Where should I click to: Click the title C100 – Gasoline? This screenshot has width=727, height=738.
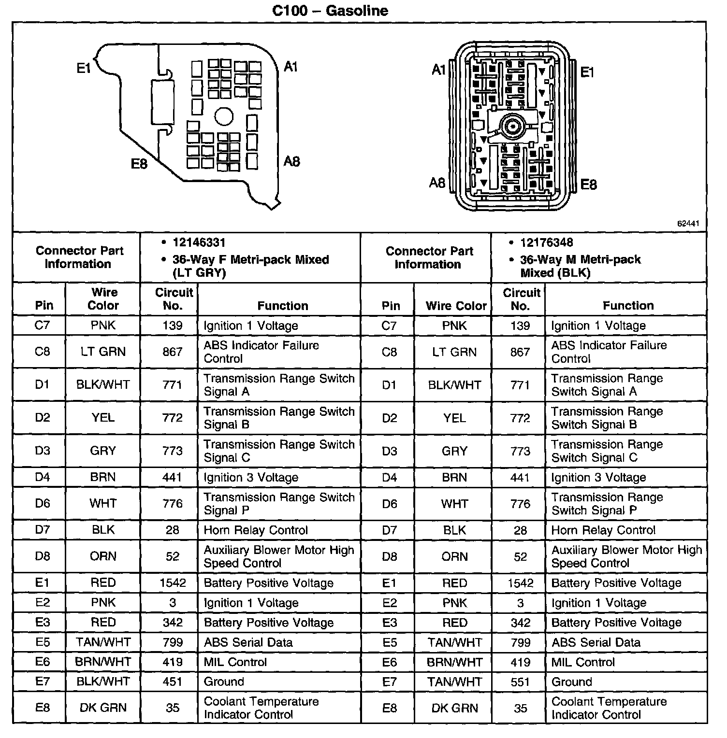(x=330, y=10)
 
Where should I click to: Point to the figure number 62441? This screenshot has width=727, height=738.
(x=688, y=224)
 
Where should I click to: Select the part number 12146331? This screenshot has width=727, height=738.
(x=199, y=242)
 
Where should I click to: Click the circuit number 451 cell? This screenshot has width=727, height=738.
(x=173, y=681)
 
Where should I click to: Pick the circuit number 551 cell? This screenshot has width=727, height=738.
(x=520, y=681)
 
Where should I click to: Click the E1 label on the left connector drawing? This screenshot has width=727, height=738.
(x=84, y=69)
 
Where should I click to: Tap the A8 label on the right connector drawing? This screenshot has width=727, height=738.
(x=437, y=183)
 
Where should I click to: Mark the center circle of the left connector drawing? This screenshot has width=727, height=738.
(x=224, y=116)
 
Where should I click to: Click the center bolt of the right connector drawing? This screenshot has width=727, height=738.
(x=511, y=127)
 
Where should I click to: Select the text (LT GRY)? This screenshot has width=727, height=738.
(x=199, y=273)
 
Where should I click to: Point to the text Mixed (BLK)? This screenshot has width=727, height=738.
(x=555, y=273)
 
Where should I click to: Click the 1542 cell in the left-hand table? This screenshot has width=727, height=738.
(x=173, y=583)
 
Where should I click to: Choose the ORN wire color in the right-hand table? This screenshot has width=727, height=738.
(x=454, y=556)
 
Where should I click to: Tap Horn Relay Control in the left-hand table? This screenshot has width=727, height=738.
(x=256, y=530)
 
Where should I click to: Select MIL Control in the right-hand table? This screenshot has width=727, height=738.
(x=583, y=662)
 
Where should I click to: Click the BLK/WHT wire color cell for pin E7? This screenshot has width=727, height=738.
(x=103, y=681)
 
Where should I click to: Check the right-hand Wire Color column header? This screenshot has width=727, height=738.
(x=456, y=306)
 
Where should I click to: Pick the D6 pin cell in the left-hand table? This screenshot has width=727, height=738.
(x=43, y=504)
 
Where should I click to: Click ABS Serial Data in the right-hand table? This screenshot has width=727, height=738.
(x=596, y=642)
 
